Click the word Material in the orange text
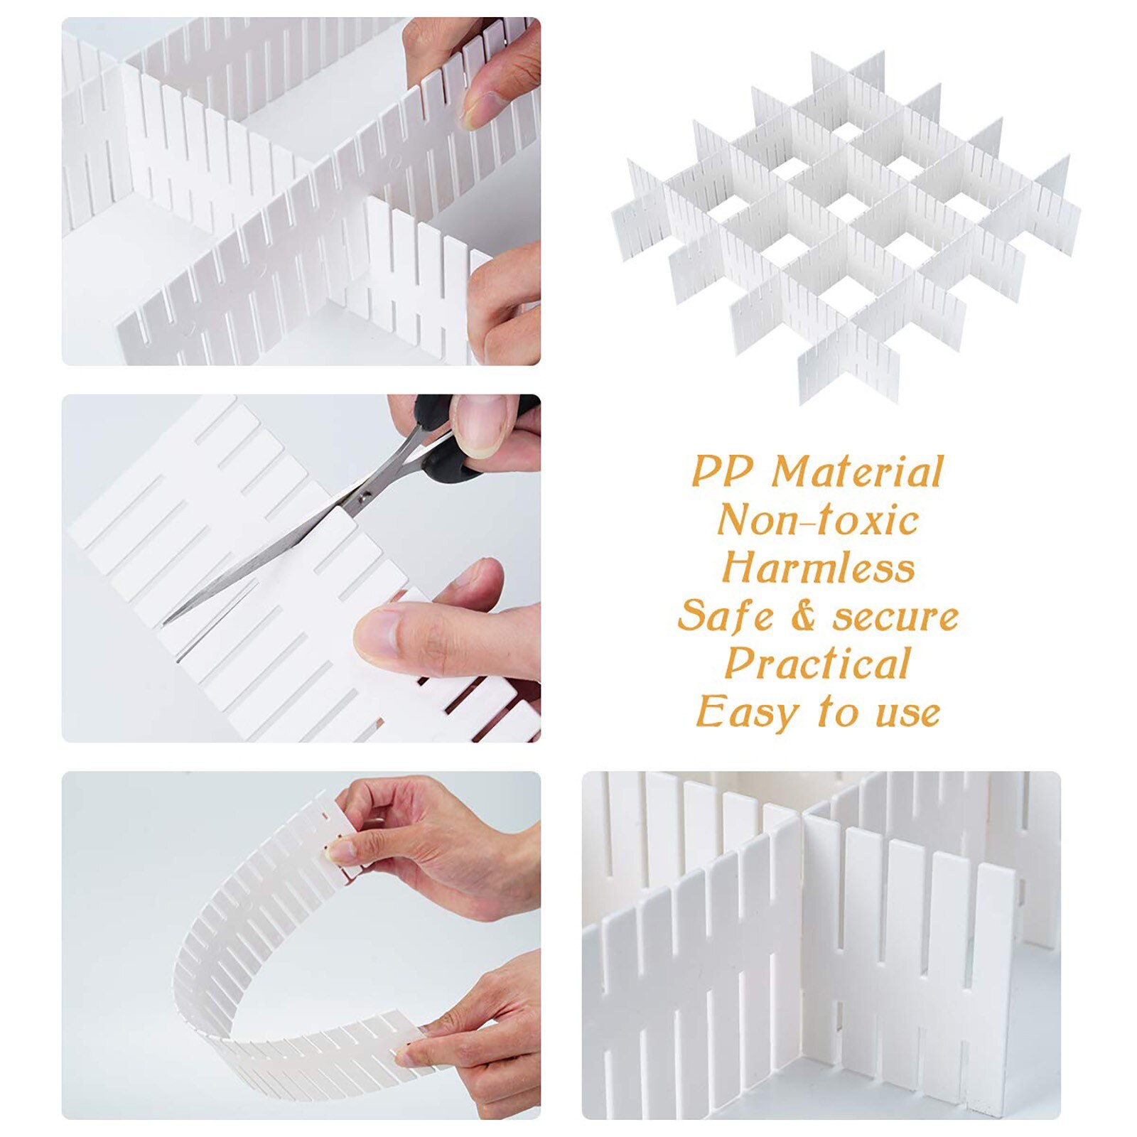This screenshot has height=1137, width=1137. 857,472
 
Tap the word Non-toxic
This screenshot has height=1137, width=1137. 817,520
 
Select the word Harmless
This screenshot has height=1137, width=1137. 818,568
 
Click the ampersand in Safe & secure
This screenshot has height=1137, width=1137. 802,615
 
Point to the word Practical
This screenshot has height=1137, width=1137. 817,664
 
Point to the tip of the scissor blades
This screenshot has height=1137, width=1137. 166,623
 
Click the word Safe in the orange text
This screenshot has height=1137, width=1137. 725,615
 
